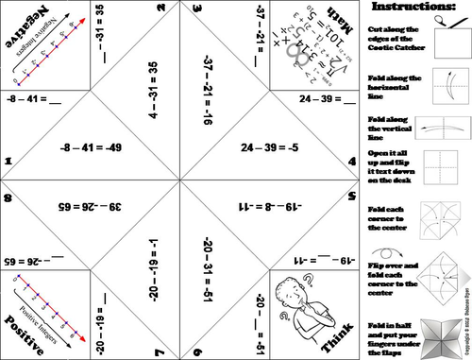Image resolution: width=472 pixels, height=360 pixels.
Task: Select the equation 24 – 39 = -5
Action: click(270, 148)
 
